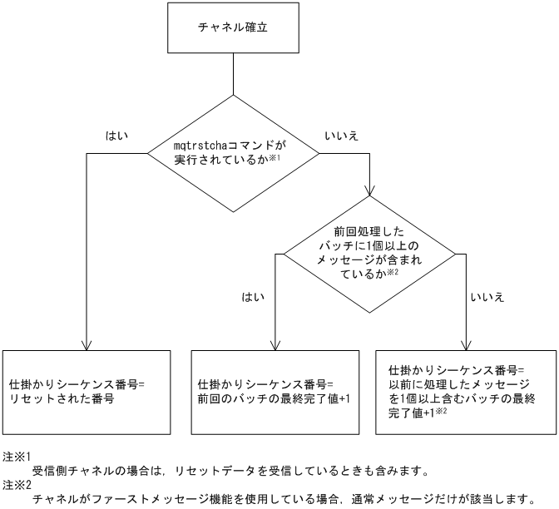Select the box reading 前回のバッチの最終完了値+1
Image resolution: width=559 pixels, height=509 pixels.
[275, 392]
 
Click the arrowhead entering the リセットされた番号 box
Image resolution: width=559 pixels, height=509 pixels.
[87, 345]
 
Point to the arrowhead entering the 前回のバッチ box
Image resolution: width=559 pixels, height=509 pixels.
[275, 345]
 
